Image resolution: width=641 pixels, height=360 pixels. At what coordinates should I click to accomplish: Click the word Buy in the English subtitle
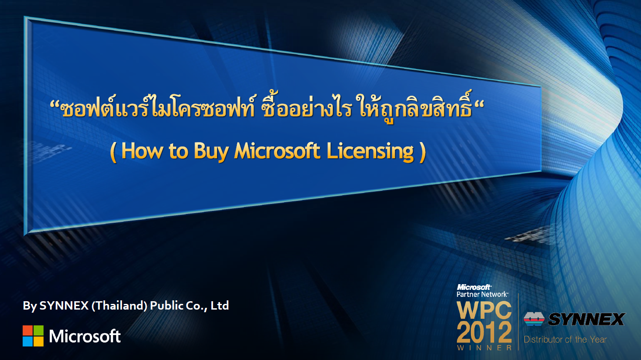pos(211,151)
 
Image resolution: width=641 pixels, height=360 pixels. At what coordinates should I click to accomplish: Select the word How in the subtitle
pos(142,151)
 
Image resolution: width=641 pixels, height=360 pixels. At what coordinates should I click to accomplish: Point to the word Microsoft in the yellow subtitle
pos(277,151)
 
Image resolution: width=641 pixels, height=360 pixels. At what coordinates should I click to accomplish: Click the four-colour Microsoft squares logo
pos(33,336)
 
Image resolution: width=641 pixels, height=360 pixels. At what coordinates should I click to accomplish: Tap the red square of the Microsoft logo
pos(28,330)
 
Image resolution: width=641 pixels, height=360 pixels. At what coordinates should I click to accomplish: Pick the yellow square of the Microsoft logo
pos(39,341)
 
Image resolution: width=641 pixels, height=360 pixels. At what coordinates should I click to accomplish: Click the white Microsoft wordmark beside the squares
pos(85,336)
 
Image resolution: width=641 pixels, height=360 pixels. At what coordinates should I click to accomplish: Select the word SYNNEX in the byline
pos(64,306)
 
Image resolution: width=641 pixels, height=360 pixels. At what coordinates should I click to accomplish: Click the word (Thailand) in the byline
pos(119,306)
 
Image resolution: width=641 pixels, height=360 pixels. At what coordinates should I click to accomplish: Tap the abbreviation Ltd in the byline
pos(220,306)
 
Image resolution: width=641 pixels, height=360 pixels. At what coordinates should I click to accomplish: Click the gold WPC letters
pos(484,310)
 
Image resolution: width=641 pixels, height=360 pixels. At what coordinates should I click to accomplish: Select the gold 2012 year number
pos(484,332)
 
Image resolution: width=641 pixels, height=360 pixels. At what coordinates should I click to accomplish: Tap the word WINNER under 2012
pos(484,348)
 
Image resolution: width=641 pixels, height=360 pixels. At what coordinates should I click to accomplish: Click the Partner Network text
pos(482,294)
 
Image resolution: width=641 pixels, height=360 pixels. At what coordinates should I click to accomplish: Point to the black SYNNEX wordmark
pos(586,319)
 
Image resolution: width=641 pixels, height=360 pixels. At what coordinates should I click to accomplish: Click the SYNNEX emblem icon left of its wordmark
pos(534,319)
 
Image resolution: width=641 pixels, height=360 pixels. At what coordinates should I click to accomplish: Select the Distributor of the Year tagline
pos(565,339)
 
